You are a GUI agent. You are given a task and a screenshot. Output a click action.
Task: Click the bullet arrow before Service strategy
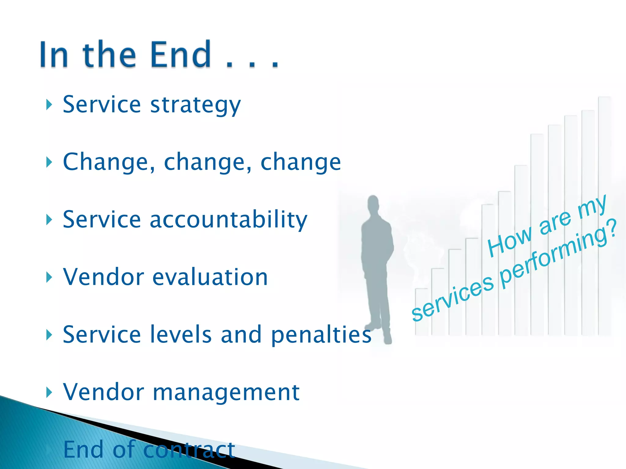point(49,105)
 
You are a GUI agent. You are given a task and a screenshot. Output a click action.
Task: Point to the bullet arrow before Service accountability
point(49,220)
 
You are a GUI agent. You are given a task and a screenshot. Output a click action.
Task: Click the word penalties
point(321,335)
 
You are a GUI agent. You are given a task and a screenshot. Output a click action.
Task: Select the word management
point(226,392)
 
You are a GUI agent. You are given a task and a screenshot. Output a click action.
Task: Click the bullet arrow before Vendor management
point(49,392)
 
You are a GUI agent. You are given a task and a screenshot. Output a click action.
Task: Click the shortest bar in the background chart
point(422,311)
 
